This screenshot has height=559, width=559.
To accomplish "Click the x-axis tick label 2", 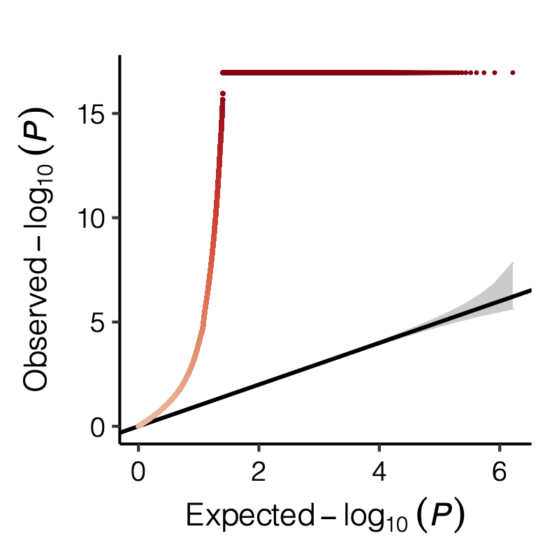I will (259, 473).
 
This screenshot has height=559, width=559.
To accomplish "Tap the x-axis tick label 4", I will (379, 473).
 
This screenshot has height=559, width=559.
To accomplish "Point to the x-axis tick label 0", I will (138, 473).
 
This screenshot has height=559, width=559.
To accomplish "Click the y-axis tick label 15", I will (93, 114).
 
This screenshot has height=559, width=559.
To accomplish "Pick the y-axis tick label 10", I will (93, 218).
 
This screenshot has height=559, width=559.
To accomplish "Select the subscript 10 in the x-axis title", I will (389, 523).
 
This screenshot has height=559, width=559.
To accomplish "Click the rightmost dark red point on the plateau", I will (513, 73).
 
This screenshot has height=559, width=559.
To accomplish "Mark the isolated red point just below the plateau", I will (223, 94).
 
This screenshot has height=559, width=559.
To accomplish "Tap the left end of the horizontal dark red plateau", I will (223, 73).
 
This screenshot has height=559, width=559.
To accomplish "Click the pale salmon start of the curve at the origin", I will (140, 426).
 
